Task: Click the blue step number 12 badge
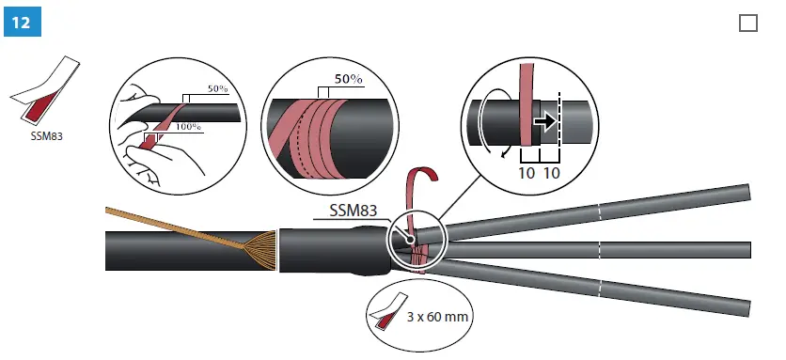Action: pos(18,22)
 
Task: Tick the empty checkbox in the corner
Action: pos(748,23)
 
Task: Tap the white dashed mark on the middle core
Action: pos(599,248)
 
